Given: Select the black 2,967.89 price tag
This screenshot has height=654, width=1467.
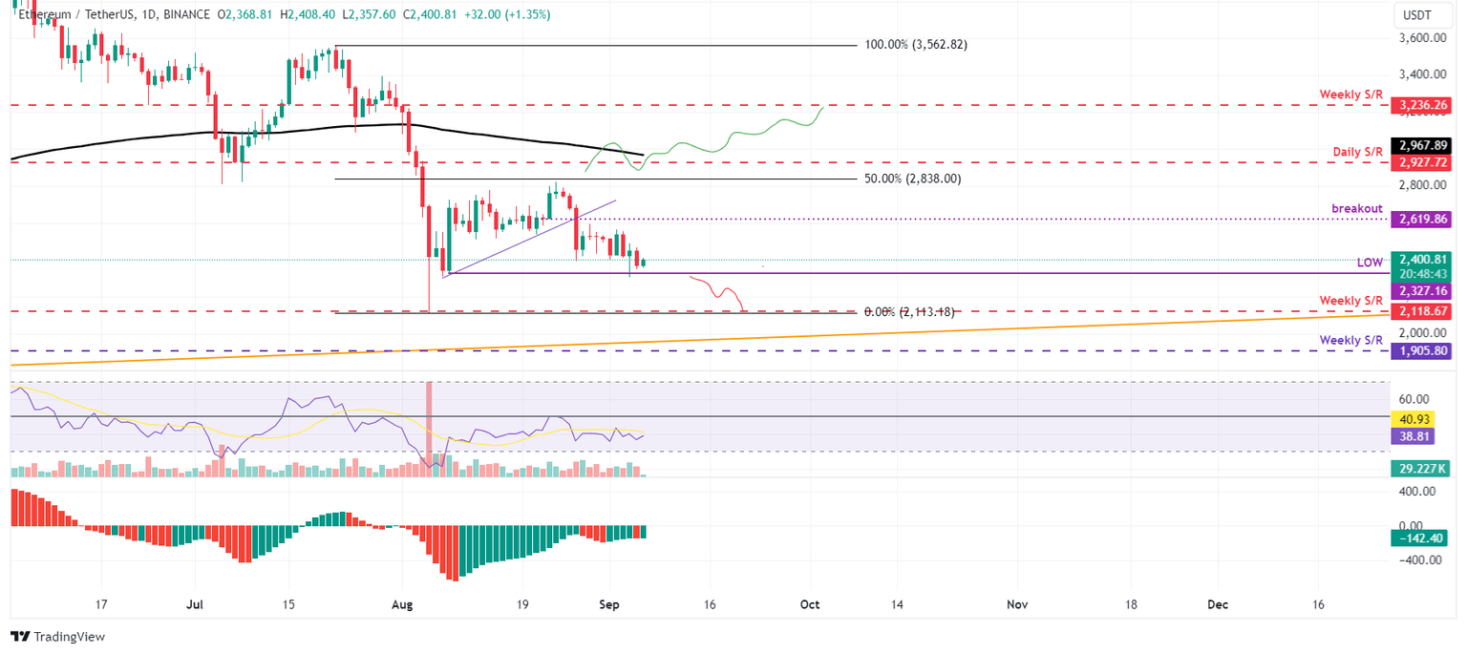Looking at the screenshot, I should [1422, 145].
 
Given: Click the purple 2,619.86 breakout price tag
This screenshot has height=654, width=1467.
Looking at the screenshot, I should [1422, 219].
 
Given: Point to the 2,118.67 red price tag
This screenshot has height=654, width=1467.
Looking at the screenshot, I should [1422, 310].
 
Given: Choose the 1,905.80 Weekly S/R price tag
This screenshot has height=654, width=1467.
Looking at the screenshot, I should [1422, 350].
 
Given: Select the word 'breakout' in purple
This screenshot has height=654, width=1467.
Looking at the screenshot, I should [1358, 207].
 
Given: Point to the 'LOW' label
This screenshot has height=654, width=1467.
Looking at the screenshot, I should [1370, 262].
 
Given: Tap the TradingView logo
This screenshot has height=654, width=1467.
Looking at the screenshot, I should [58, 636].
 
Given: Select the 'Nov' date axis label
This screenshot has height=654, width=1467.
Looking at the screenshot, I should [1016, 604].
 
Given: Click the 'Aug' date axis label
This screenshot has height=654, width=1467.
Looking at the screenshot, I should [402, 604].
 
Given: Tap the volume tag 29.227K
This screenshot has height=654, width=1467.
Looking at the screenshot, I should [1422, 469].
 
